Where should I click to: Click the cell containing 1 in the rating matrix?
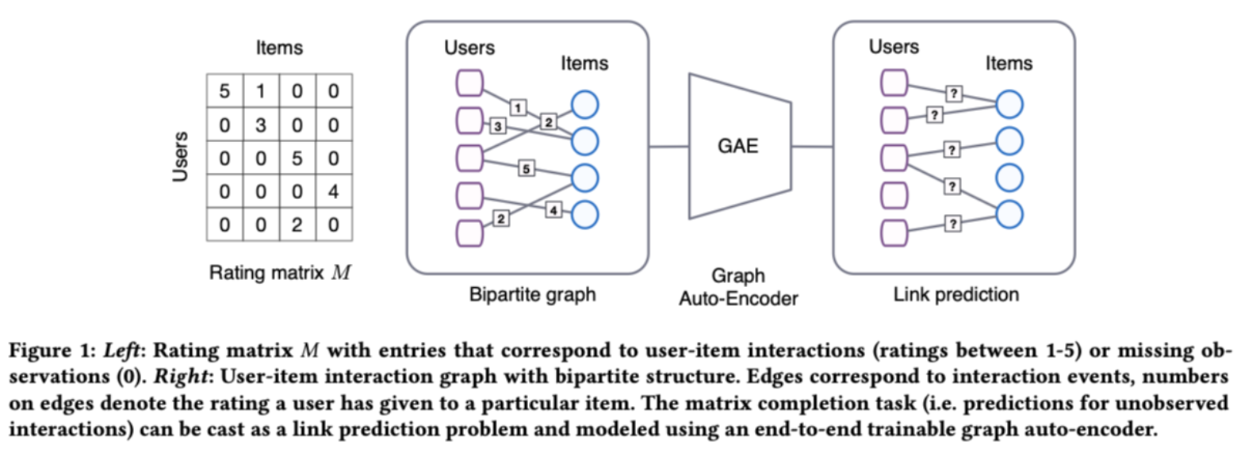click(x=261, y=93)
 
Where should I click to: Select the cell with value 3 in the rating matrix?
click(x=261, y=126)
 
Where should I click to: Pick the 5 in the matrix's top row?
click(x=224, y=93)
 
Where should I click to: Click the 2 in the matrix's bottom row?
click(x=297, y=226)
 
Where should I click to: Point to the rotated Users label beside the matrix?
click(x=181, y=157)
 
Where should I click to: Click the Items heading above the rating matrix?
click(x=278, y=48)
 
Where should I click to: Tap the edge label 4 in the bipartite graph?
click(x=553, y=210)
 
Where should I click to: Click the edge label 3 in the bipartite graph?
click(x=498, y=126)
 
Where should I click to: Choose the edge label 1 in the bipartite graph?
click(x=517, y=106)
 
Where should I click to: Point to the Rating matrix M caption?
click(x=278, y=274)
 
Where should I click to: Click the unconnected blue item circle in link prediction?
click(x=1009, y=178)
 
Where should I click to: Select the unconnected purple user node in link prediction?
click(x=895, y=194)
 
